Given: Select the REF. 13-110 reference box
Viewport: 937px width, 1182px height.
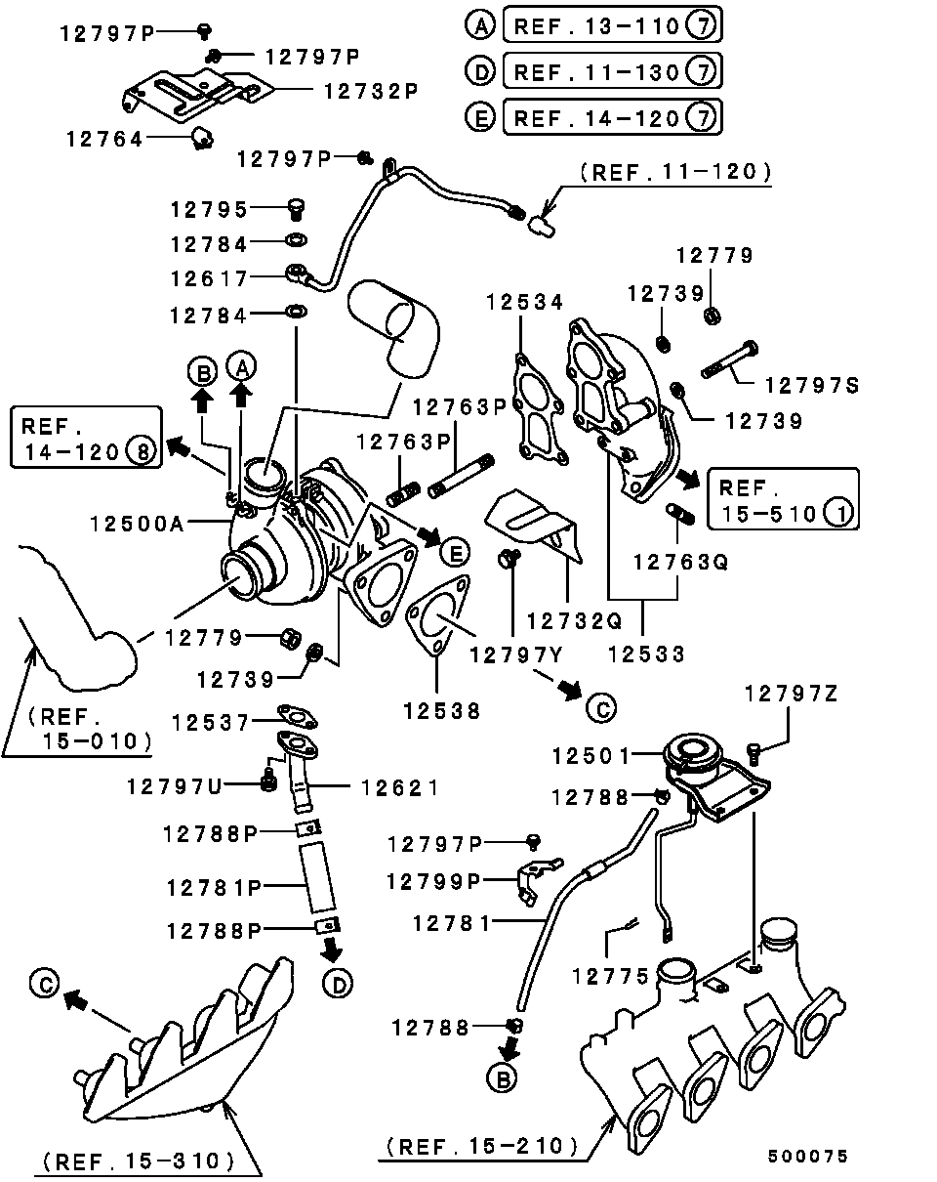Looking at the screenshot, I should click(612, 26).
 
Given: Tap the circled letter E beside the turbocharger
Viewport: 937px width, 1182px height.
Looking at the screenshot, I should click(453, 553).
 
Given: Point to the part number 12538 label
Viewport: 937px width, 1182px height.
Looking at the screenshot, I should click(442, 712).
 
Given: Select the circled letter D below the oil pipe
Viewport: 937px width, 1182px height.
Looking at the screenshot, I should click(337, 986).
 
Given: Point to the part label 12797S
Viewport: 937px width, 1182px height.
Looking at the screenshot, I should click(811, 386).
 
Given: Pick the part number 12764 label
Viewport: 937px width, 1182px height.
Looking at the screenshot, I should click(104, 140).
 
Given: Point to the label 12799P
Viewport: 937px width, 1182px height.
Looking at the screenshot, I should click(433, 881).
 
